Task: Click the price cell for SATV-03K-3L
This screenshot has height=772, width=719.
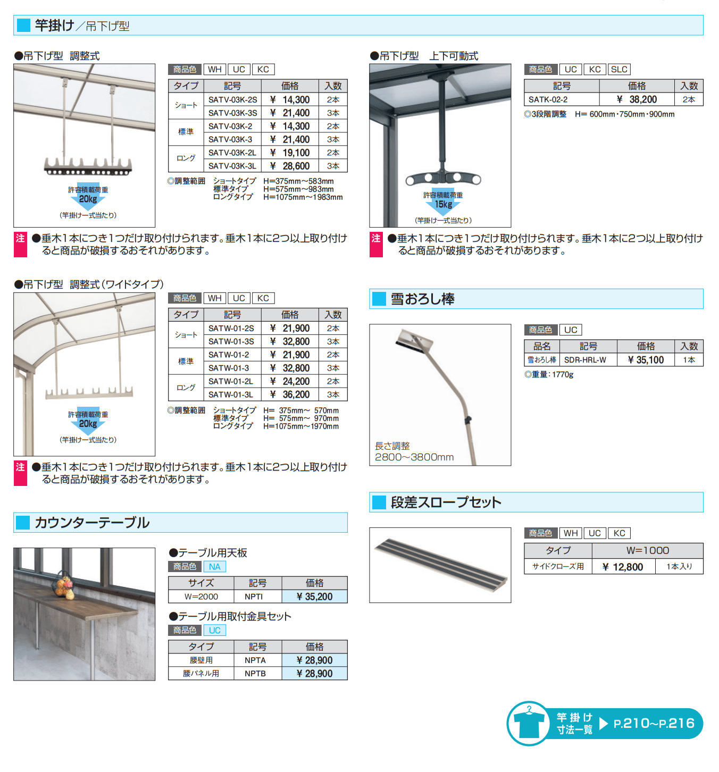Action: click(x=290, y=166)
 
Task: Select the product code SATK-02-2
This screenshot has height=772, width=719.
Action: click(x=548, y=99)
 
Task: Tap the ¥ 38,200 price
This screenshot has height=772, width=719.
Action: click(x=637, y=99)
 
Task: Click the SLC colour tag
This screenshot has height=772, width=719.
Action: click(x=619, y=70)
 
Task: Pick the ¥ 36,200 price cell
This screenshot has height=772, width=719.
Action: click(x=290, y=395)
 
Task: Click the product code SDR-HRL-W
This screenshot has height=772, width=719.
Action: click(x=585, y=360)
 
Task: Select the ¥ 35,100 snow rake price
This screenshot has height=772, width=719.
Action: click(x=646, y=360)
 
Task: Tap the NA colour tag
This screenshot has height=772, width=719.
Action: click(x=215, y=567)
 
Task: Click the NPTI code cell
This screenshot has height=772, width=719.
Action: click(x=254, y=597)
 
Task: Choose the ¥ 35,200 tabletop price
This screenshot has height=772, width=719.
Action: click(x=314, y=597)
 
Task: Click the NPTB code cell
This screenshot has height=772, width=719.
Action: click(x=255, y=673)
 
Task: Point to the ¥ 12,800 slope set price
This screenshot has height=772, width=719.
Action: click(x=623, y=567)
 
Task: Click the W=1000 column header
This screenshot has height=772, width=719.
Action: click(x=647, y=550)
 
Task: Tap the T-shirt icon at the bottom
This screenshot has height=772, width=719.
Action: click(x=529, y=724)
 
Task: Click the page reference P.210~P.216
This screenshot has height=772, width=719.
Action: click(x=654, y=724)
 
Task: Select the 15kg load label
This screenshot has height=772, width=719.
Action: click(x=444, y=205)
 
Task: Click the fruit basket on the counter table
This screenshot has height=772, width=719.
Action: click(x=63, y=586)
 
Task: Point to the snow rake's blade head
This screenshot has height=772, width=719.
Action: click(x=415, y=342)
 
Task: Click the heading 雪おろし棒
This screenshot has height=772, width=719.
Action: click(x=423, y=299)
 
